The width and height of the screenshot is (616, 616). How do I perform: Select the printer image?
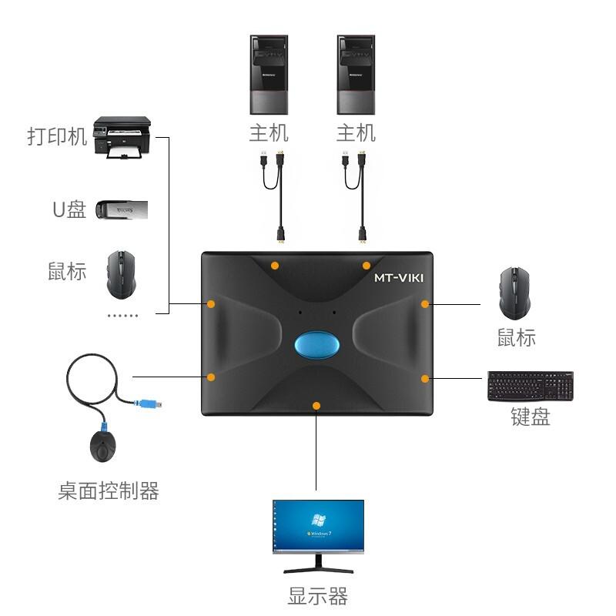(x=122, y=138)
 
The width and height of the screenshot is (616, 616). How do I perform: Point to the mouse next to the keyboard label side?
(x=514, y=293)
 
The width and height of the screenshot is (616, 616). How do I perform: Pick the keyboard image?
(x=530, y=386)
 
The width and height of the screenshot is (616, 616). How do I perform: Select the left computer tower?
(x=269, y=75)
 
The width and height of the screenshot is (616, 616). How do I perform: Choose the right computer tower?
(x=356, y=75)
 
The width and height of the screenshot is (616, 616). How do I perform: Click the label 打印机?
(x=57, y=137)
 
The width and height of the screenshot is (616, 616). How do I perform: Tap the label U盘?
(x=69, y=209)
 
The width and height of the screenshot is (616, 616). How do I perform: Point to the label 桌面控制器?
(x=109, y=490)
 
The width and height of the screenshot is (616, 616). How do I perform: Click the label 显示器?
(x=318, y=596)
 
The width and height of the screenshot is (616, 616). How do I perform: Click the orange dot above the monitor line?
(x=316, y=405)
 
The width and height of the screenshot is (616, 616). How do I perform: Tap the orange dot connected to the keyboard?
(x=424, y=378)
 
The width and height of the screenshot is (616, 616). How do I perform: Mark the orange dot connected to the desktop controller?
(x=210, y=377)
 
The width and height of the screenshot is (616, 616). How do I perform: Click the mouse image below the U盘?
(x=121, y=274)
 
